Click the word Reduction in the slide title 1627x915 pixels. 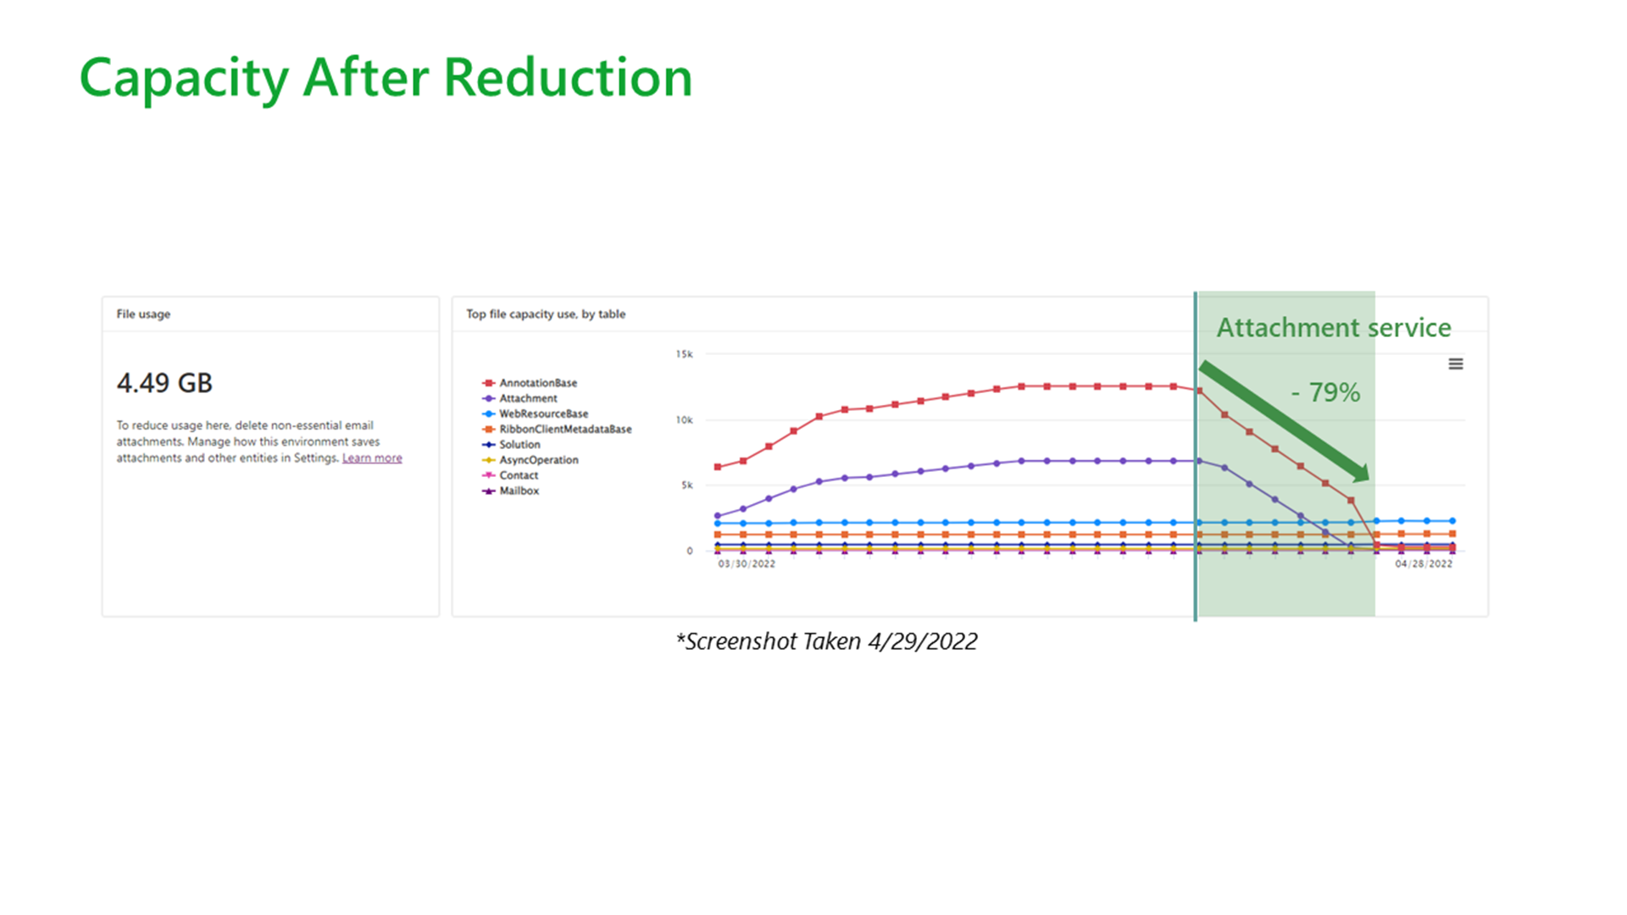(568, 77)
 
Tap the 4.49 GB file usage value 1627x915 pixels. (164, 383)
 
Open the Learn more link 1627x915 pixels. (372, 458)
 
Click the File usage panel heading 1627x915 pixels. (143, 314)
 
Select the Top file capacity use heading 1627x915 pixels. (546, 314)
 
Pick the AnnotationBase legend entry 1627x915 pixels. (530, 383)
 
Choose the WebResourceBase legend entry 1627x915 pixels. (535, 413)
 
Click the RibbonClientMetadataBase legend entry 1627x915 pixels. (557, 430)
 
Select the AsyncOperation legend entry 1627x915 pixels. (530, 460)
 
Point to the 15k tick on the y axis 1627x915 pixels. (684, 354)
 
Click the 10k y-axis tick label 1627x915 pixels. (684, 420)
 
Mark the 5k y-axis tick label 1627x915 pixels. (687, 485)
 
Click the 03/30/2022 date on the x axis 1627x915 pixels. (747, 564)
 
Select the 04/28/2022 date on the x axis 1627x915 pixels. (1424, 564)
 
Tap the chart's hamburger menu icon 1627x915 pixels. (1456, 364)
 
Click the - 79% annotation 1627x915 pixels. (1325, 392)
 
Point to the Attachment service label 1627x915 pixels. (1334, 328)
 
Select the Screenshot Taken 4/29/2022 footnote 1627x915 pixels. (827, 641)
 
